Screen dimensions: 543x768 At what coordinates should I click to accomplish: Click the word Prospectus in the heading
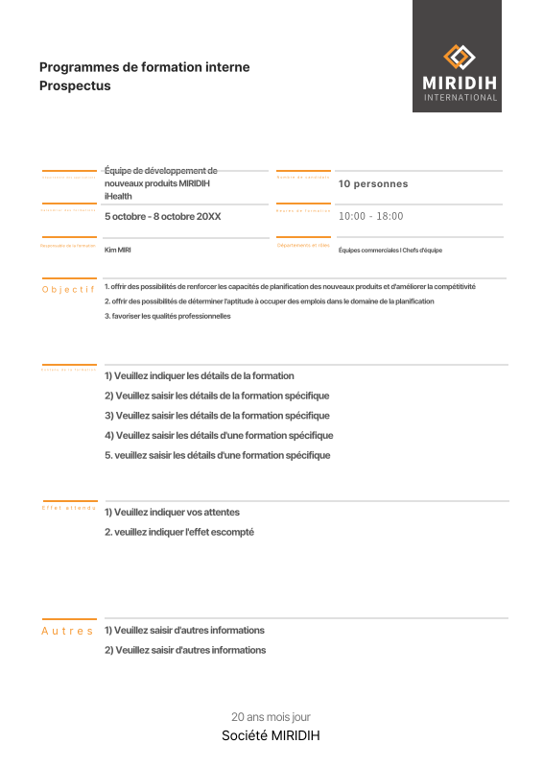tap(75, 85)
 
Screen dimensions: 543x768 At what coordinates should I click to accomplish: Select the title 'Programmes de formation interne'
tap(144, 67)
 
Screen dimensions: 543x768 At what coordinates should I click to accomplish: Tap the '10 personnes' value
tap(373, 183)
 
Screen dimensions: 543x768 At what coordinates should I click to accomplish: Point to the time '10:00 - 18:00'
tap(370, 216)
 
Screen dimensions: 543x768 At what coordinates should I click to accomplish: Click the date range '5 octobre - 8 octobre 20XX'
tap(162, 216)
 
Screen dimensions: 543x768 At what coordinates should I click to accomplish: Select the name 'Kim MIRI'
tap(117, 250)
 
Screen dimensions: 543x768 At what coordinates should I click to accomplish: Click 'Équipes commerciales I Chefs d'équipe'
tap(390, 250)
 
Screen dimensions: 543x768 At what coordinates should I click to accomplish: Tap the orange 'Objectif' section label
tap(68, 289)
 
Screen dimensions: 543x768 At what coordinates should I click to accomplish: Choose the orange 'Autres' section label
tap(67, 631)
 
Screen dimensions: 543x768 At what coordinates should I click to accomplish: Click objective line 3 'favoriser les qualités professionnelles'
tap(167, 316)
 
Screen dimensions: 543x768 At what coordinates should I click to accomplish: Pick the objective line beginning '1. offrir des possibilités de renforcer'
tap(289, 286)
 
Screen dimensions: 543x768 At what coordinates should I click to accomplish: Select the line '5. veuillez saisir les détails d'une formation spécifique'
tap(217, 455)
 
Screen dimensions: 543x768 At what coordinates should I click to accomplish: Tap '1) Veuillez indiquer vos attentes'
tap(172, 512)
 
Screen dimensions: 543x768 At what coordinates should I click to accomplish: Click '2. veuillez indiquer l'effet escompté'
tap(178, 531)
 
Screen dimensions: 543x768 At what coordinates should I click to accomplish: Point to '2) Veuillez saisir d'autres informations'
tap(184, 650)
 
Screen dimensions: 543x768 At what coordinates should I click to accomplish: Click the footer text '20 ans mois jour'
tap(271, 717)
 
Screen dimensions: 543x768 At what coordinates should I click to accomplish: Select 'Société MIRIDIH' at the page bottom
tap(271, 735)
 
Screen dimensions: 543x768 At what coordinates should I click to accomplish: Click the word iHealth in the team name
tap(118, 196)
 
